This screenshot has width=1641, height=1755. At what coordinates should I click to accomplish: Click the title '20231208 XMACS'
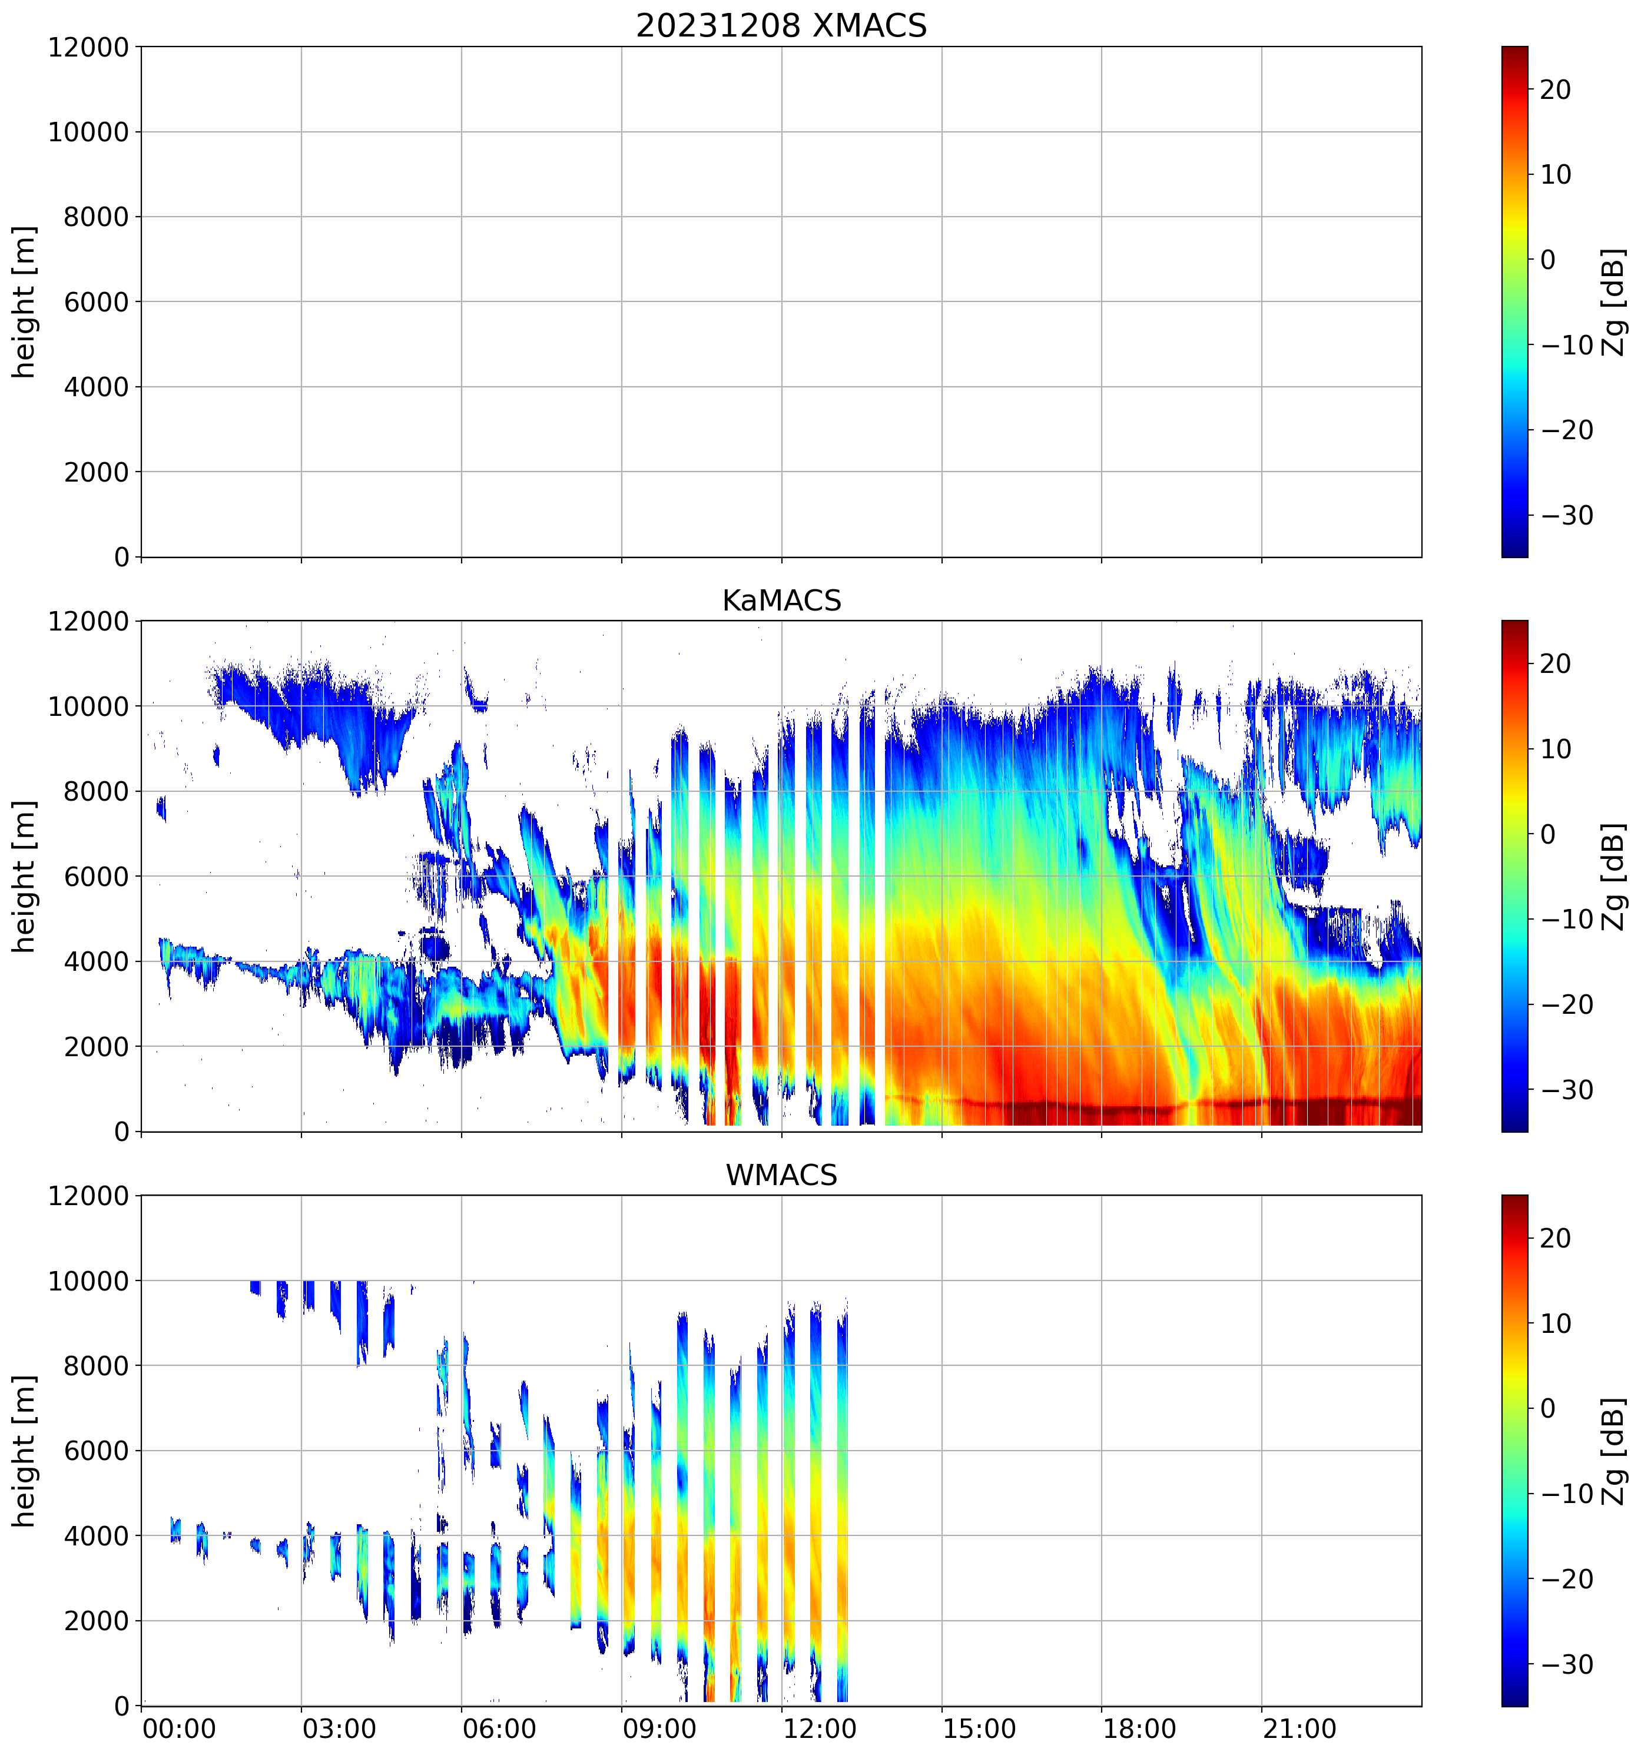coord(781,25)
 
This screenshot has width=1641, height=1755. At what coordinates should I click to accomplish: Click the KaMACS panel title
coord(781,601)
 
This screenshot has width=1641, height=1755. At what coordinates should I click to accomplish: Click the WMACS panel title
coord(781,1175)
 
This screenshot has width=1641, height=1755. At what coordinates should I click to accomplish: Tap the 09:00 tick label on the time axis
coord(659,1729)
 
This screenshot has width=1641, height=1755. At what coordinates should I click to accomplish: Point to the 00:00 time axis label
coord(179,1729)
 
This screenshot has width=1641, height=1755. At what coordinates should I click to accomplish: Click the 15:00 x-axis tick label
coord(979,1729)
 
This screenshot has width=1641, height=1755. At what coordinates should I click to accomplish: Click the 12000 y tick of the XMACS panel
coord(88,47)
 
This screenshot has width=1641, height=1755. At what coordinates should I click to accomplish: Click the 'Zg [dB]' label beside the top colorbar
coord(1615,302)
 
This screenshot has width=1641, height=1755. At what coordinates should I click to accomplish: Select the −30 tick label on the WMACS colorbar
coord(1567,1664)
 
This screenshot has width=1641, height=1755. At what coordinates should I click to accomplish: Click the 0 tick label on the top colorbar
coord(1547,260)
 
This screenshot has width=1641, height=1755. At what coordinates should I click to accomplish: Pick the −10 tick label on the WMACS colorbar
coord(1567,1494)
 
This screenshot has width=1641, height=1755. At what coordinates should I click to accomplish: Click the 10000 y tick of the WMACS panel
coord(88,1281)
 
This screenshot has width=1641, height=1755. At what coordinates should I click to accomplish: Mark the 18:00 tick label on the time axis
coord(1139,1729)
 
